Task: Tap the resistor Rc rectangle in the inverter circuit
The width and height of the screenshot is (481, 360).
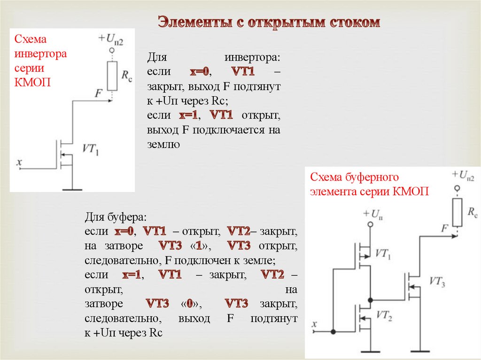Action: pos(112,75)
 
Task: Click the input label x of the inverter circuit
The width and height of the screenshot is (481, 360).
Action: pos(19,162)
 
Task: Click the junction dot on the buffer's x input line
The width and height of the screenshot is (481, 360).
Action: pos(333,332)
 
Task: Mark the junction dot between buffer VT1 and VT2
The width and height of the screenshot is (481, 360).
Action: pos(371,299)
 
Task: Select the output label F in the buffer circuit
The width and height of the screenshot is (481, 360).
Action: pos(445,229)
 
